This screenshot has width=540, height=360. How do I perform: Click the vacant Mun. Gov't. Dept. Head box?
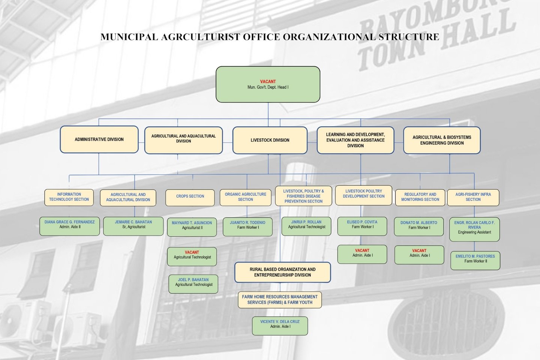click(268, 84)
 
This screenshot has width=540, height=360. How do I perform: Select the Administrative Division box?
click(99, 139)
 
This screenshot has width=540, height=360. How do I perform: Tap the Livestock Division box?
click(270, 140)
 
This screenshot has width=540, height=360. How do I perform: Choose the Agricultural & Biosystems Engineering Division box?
click(442, 140)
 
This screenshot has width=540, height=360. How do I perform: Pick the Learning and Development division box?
click(355, 140)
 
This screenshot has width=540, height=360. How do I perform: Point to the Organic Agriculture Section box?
click(245, 197)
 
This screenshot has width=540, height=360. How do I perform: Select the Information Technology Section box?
click(69, 197)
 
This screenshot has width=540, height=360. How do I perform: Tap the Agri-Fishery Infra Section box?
click(473, 197)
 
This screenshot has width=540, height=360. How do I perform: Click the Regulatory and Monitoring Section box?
click(420, 197)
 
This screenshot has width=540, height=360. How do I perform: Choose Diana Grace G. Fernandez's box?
click(70, 226)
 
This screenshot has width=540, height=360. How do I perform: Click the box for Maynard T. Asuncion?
click(192, 226)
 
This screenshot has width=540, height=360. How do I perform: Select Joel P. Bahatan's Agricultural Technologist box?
click(193, 283)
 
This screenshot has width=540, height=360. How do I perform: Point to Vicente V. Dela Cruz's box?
click(280, 325)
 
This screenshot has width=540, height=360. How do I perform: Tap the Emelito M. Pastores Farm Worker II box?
click(475, 260)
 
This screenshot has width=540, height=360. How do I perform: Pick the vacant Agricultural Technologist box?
click(192, 256)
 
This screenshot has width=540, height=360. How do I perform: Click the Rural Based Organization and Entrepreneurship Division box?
click(282, 272)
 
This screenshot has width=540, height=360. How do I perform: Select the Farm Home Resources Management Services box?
click(280, 300)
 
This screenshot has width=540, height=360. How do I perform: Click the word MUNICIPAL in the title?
click(129, 37)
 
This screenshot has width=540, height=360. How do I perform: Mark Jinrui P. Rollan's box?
click(306, 226)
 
